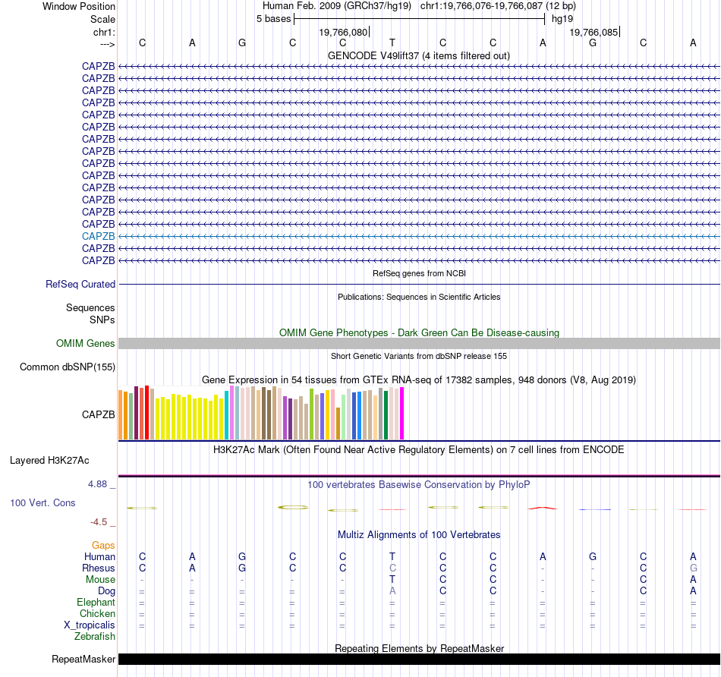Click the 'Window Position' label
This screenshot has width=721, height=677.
point(79,6)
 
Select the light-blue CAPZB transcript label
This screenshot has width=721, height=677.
point(99,236)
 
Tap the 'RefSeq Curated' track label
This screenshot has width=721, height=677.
point(80,285)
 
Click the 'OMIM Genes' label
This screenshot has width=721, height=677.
point(86,344)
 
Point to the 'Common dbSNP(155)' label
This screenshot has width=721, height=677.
point(68,367)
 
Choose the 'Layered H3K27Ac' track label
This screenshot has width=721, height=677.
point(49,460)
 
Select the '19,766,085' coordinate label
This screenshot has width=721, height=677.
point(594,33)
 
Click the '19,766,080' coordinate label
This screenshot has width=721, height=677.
point(344,33)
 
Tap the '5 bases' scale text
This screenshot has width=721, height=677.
point(273,18)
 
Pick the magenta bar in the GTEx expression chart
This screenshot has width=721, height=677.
point(401,413)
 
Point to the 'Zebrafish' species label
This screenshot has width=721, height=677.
point(95,637)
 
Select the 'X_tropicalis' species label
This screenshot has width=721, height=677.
point(90,625)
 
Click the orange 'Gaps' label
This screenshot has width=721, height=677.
point(103,545)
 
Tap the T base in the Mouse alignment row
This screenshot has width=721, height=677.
point(392,580)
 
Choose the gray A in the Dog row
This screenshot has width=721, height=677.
point(392,591)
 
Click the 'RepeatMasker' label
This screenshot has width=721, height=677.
point(83,660)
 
